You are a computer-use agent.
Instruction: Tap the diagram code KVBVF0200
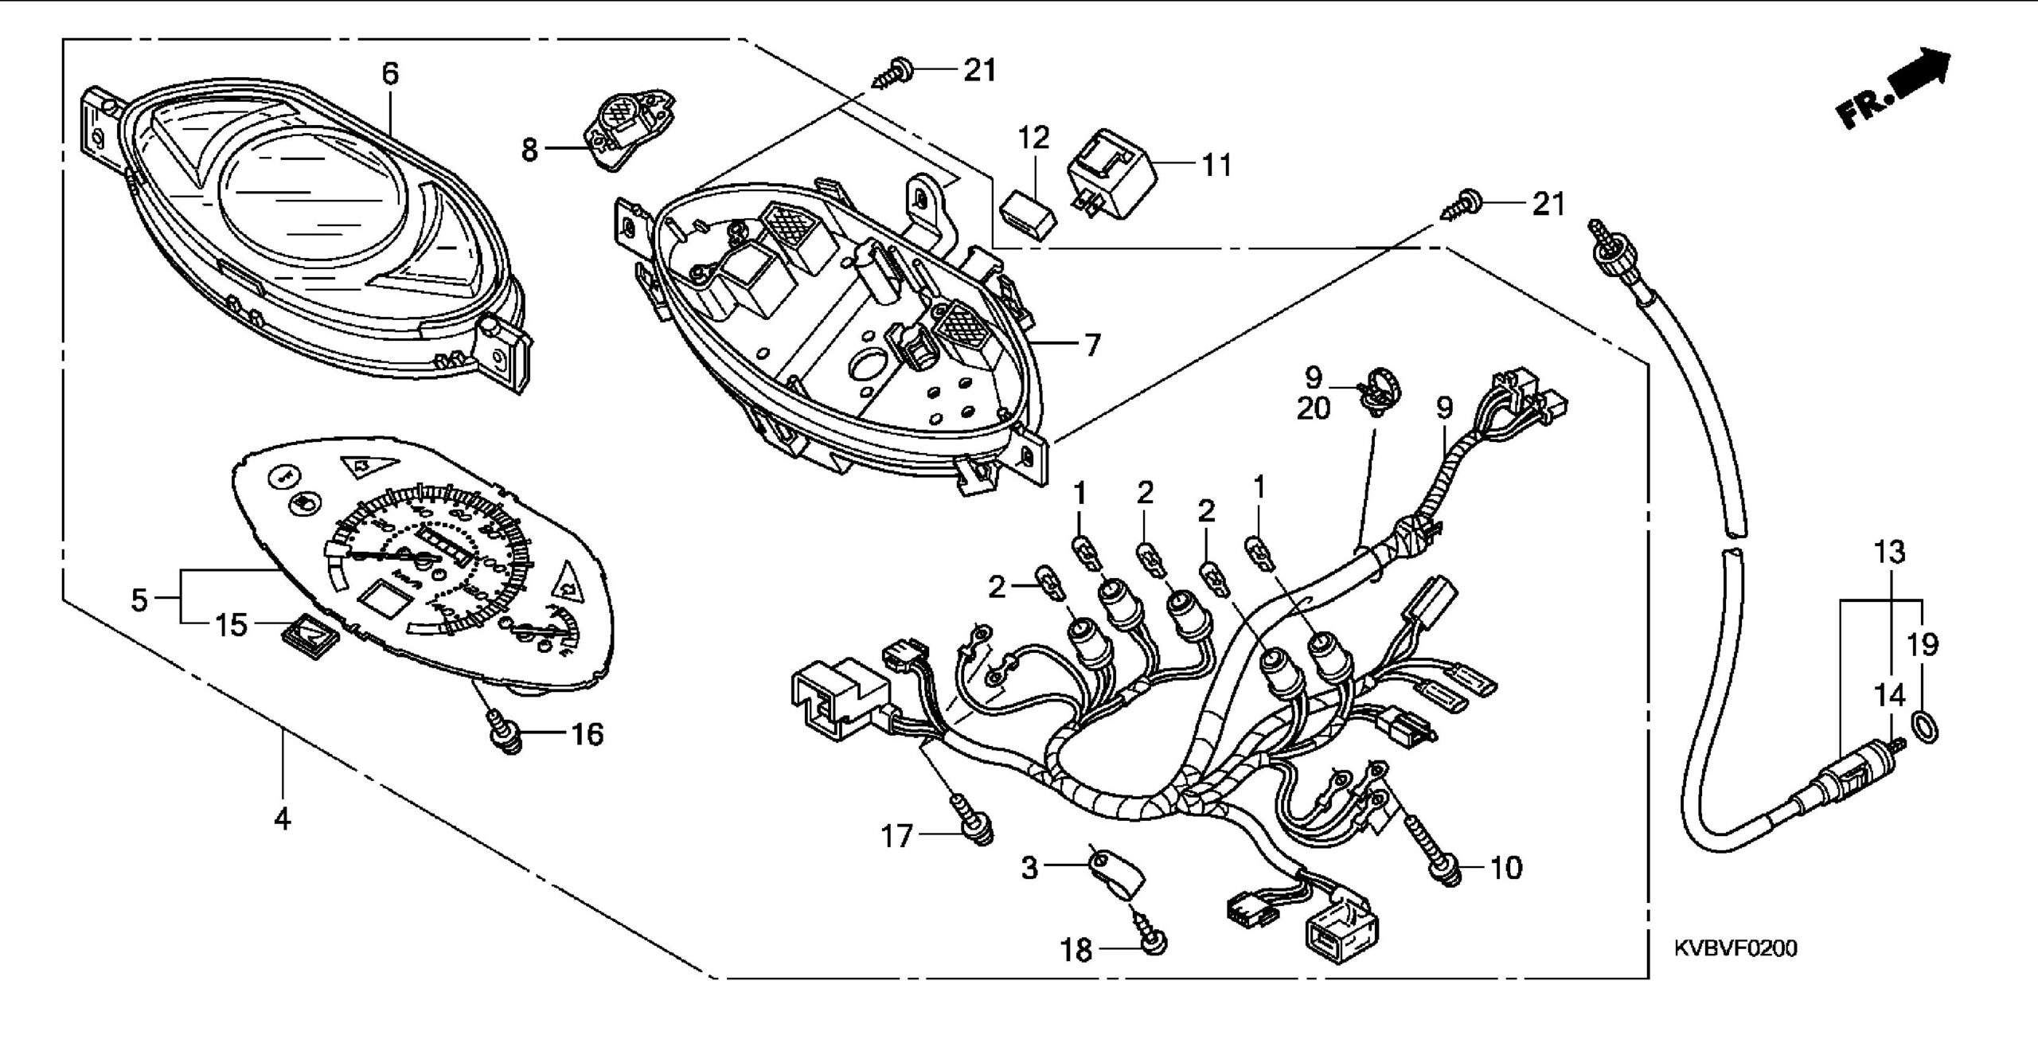tap(1735, 948)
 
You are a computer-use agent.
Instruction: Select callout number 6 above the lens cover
tap(389, 73)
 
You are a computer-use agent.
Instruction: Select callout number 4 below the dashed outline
tap(282, 818)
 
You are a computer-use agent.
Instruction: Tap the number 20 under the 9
tap(1314, 409)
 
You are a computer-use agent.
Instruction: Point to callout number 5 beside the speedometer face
tap(139, 599)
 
